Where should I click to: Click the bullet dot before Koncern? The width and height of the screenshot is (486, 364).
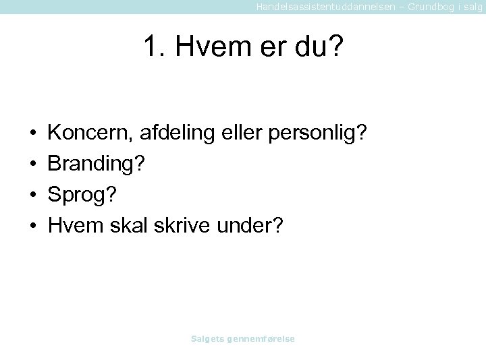pyautogui.click(x=33, y=133)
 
